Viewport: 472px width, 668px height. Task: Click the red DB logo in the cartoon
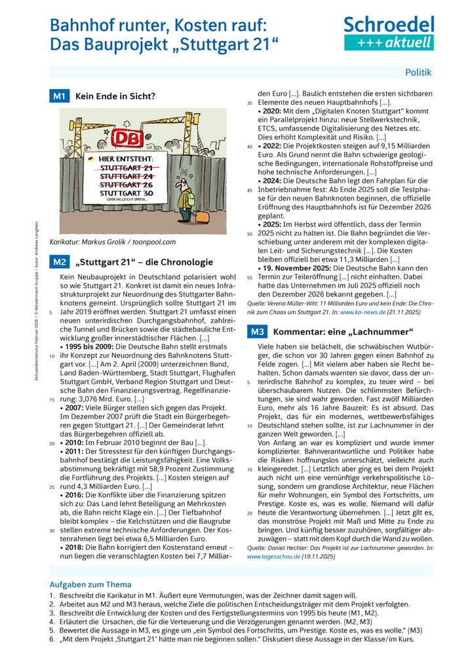[x=123, y=140]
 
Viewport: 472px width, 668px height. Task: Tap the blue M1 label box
[x=59, y=96]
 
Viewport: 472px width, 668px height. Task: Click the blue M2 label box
[x=59, y=262]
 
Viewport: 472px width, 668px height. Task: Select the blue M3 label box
[x=257, y=332]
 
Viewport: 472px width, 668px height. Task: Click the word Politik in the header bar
[x=418, y=72]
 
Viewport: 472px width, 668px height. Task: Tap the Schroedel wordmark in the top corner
[x=389, y=26]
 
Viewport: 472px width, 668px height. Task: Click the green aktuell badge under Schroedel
[x=389, y=43]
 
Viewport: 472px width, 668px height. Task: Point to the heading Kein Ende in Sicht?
[x=115, y=96]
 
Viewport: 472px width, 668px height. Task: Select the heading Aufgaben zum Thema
[x=90, y=584]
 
